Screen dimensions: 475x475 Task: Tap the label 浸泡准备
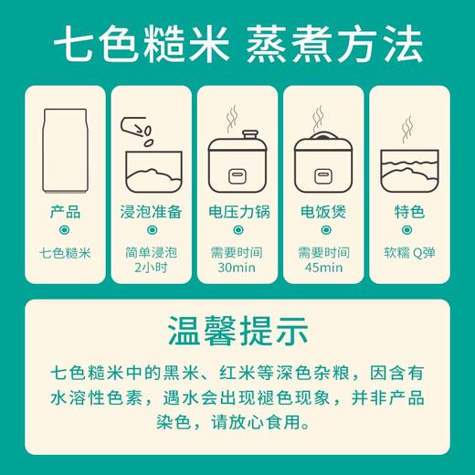pos(151,212)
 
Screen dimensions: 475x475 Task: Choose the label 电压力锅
pos(237,212)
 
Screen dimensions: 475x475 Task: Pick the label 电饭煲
pos(324,212)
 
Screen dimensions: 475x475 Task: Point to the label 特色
pos(410,212)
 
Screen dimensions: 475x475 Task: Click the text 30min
pos(237,268)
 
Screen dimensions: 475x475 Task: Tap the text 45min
pos(324,268)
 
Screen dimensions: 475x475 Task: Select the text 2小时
pos(151,268)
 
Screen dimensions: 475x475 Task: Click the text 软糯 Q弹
pos(410,252)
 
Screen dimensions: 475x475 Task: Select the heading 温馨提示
pos(237,329)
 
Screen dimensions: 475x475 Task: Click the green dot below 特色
pos(410,231)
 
